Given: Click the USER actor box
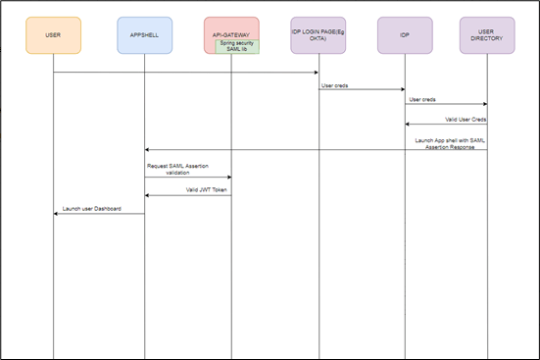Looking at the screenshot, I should pyautogui.click(x=53, y=34).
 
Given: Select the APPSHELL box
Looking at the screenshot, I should pyautogui.click(x=144, y=34).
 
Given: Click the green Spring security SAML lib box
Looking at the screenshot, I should pyautogui.click(x=237, y=46).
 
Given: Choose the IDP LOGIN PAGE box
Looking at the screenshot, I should pyautogui.click(x=319, y=34).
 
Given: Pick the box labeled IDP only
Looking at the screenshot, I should pyautogui.click(x=404, y=34).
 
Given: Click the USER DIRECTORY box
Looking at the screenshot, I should pyautogui.click(x=487, y=34).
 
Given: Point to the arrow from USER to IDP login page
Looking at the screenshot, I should pyautogui.click(x=186, y=72).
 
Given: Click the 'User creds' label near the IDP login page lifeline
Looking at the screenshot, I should pyautogui.click(x=334, y=84).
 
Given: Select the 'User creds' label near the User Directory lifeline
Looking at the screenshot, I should pyautogui.click(x=422, y=98).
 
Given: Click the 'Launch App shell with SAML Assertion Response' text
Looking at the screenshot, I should pyautogui.click(x=450, y=143).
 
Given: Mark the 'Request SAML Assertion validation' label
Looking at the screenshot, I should pyautogui.click(x=178, y=168).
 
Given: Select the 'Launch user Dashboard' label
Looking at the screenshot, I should pyautogui.click(x=91, y=208).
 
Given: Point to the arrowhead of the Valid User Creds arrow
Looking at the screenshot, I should pyautogui.click(x=408, y=124).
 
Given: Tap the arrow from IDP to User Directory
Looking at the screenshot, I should pyautogui.click(x=446, y=104).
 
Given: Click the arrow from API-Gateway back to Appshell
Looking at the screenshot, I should pyautogui.click(x=186, y=195).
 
